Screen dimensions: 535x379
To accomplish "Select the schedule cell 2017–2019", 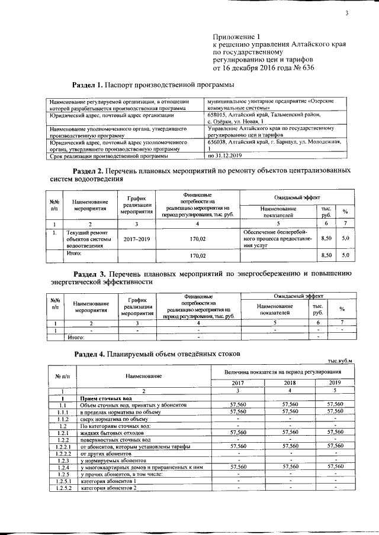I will (x=137, y=239).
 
